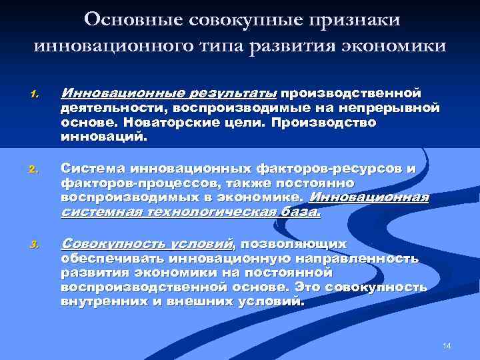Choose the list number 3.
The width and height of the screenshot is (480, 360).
tap(35, 247)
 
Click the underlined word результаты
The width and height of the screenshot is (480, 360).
tap(230, 91)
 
